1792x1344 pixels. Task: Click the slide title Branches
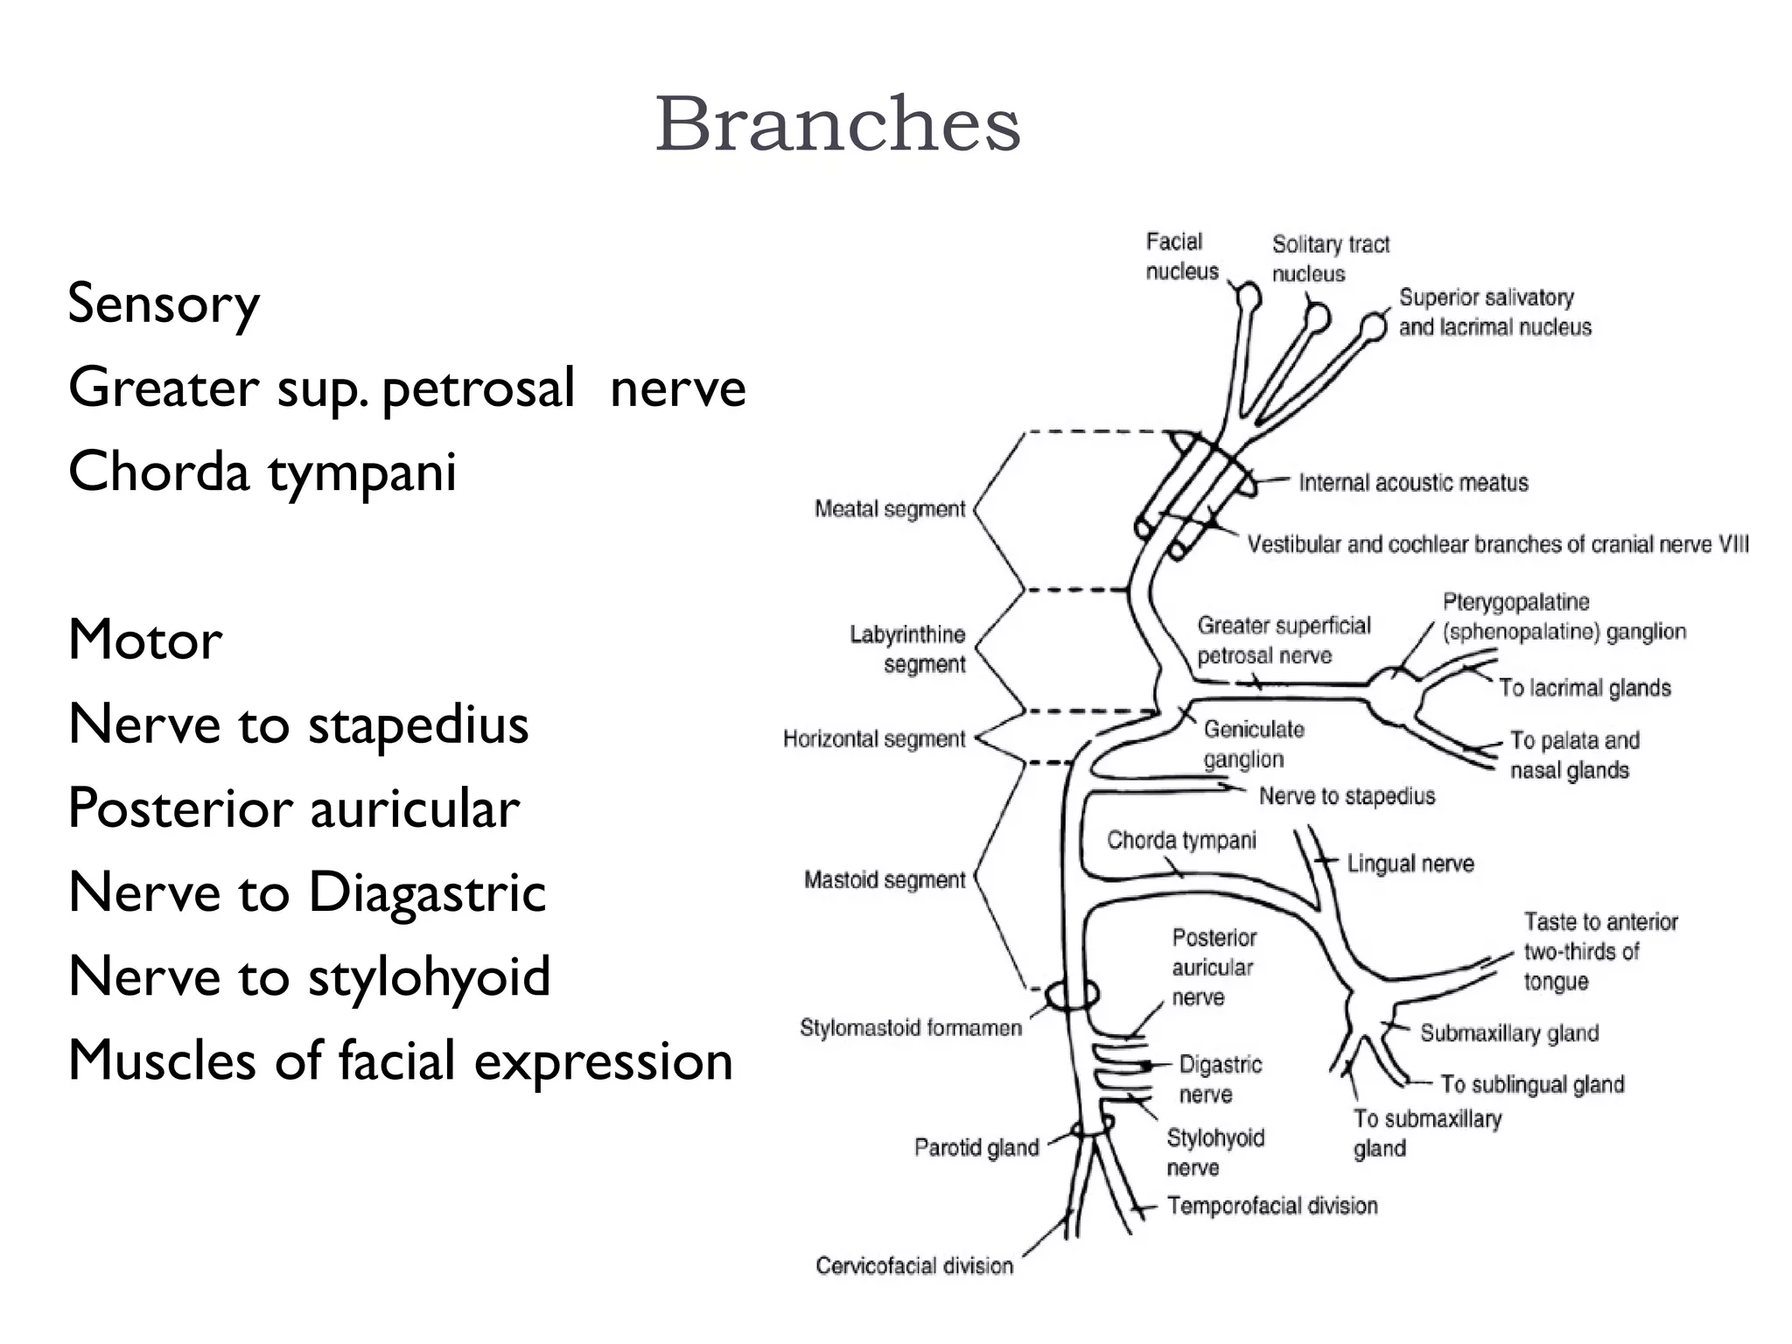coord(837,124)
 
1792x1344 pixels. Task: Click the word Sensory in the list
coord(164,304)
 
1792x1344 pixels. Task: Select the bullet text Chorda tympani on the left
coord(262,472)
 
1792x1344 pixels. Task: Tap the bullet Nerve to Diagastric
coord(307,892)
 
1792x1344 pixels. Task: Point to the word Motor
coord(145,640)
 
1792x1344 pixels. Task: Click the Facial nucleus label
coord(1181,256)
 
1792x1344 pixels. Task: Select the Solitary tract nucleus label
coord(1330,259)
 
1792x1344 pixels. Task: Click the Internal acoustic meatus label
coord(1413,483)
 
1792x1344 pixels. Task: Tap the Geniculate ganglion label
coord(1252,745)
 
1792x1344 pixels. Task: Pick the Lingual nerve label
coord(1410,864)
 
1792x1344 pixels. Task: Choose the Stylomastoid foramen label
coord(910,1027)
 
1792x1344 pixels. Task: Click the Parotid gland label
coord(976,1147)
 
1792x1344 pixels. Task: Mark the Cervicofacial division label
coord(913,1265)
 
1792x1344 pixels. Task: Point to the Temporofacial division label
coord(1272,1206)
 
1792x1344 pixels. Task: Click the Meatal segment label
coord(889,509)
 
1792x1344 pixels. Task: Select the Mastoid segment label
coord(884,879)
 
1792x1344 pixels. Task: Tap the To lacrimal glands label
coord(1585,688)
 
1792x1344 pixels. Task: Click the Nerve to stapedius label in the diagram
coord(1347,796)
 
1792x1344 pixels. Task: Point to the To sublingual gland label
coord(1531,1085)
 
